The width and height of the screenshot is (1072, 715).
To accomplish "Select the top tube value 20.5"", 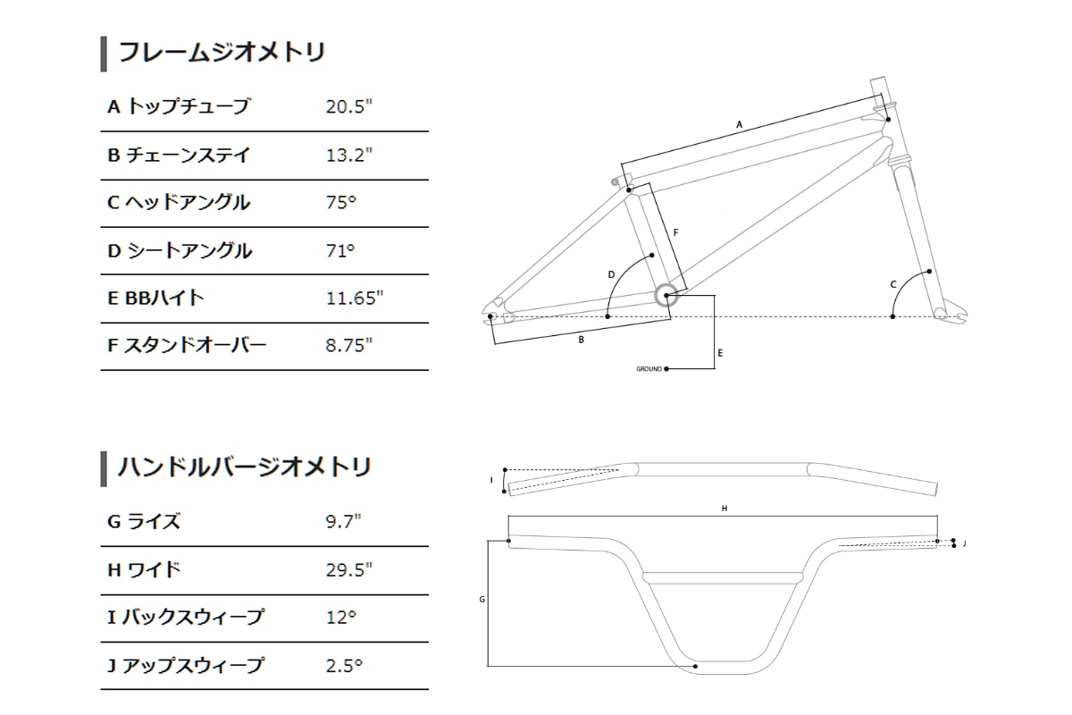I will pos(348,107).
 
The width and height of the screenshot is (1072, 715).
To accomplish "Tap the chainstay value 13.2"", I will pos(348,156).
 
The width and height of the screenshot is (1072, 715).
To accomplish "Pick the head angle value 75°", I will pos(341,203).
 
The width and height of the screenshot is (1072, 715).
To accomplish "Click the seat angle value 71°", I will pos(340,251).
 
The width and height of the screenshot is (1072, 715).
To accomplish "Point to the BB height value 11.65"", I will pos(355,299).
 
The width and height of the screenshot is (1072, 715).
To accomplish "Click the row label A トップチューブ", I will pos(179,107).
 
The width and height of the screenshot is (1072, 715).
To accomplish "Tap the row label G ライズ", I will pos(144,522).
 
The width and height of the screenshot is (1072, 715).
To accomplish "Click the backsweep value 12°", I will pos(341,618).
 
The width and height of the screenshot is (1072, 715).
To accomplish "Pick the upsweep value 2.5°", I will pos(345,666).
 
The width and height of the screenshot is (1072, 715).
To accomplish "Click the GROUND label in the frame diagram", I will pos(649,368).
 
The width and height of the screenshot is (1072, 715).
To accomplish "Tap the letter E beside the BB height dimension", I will pos(720,353).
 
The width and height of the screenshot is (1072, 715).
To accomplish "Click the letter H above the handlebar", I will pos(724,509).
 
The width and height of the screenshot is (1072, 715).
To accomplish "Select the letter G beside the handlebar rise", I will pos(482,600).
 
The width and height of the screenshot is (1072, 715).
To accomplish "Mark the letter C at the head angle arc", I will pos(892,285).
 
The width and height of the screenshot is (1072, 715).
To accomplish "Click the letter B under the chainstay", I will pos(582,340).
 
